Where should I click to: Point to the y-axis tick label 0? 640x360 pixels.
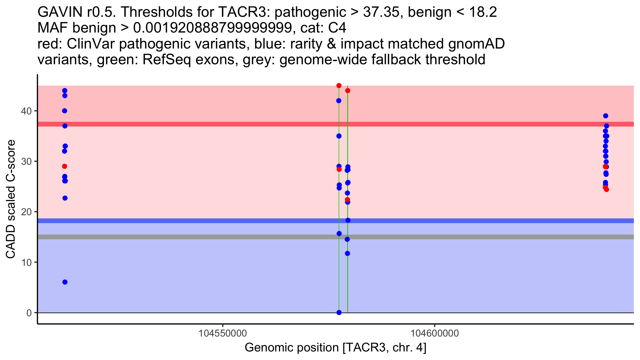[29, 313]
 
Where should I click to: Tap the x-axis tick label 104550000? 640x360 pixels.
[223, 333]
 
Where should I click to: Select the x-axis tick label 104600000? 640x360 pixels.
[435, 333]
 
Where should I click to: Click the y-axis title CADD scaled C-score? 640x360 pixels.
[11, 199]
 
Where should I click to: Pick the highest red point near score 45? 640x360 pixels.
[339, 86]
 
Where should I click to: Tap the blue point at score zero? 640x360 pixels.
[339, 313]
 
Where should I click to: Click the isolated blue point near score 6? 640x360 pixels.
[65, 282]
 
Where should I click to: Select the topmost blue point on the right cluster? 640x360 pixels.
[606, 116]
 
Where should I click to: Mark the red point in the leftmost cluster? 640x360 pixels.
[65, 166]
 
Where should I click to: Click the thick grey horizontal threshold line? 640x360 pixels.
[187, 237]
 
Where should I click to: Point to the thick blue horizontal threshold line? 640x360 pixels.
[187, 221]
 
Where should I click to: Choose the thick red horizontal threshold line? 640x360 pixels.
[187, 124]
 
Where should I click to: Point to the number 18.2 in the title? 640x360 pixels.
[483, 12]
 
